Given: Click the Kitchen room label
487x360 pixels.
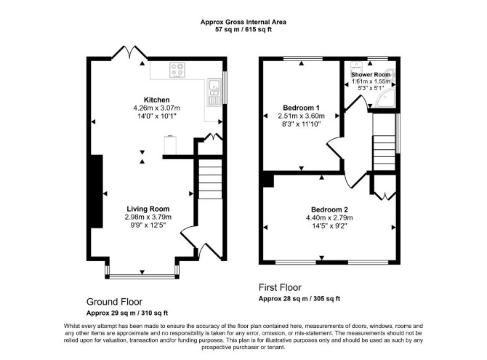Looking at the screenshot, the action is point(156,100).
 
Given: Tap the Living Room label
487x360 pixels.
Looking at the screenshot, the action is point(148,209).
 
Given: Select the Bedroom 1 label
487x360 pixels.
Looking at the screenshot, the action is point(301,108).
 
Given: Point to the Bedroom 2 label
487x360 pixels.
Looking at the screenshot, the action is point(329,209).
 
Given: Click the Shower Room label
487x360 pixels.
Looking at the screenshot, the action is point(371,75).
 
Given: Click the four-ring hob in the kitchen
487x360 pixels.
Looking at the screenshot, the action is point(177,70).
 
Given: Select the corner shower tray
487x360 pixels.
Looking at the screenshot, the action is point(385,97).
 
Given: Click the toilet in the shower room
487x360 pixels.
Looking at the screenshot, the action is point(356,67).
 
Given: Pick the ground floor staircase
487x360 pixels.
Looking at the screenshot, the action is point(210,179).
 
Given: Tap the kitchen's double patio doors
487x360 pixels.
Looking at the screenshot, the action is point(129,52).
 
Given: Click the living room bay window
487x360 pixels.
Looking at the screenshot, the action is point(142,272).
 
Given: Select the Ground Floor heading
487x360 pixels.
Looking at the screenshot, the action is point(114,302).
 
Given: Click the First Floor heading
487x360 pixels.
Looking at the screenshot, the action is point(280,287).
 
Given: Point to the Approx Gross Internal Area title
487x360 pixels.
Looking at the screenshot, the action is point(243,22).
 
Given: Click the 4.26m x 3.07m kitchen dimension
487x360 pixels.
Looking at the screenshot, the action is point(156,108).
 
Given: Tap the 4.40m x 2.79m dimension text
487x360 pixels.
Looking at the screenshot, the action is point(329,218).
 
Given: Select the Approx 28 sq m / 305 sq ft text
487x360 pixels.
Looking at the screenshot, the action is point(299,299).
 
